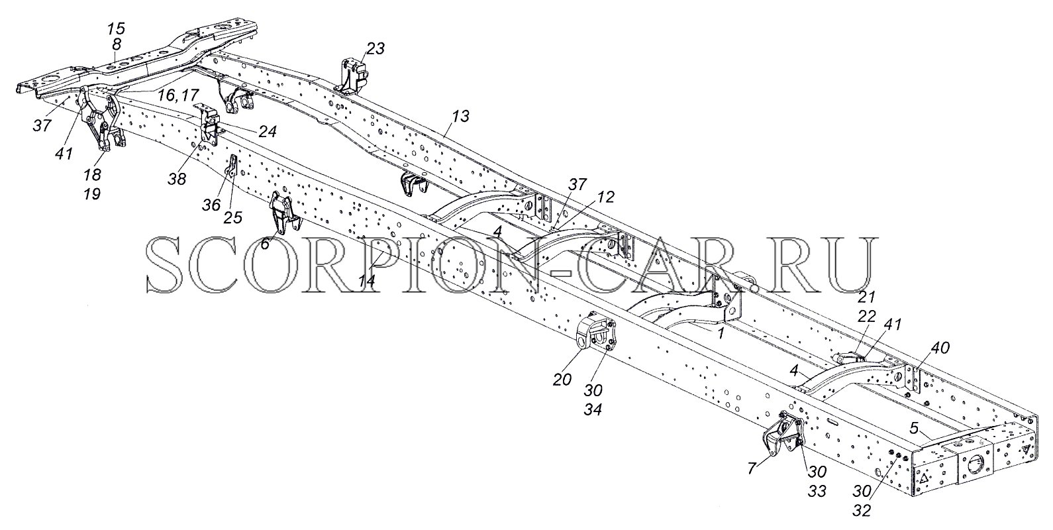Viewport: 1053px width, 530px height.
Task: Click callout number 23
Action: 375,48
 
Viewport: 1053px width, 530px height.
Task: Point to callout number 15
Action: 116,29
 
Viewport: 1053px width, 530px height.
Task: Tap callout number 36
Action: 211,205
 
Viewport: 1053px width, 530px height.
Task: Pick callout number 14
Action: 367,280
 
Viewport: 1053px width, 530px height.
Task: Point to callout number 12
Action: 604,197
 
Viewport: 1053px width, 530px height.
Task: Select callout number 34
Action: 593,410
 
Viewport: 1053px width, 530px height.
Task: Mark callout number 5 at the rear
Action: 914,429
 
